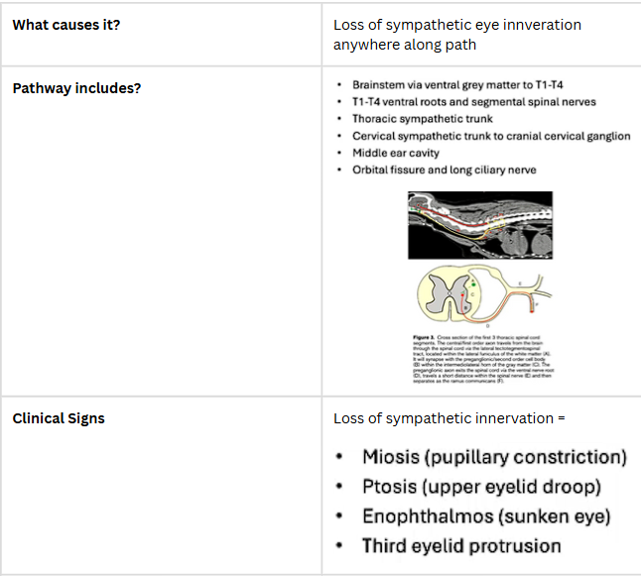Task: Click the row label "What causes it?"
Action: [65, 25]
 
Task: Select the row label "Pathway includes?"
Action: [76, 88]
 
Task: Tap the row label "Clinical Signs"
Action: [59, 418]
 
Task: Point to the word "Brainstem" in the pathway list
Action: [381, 85]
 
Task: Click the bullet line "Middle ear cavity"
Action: [395, 153]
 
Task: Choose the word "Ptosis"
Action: [389, 487]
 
